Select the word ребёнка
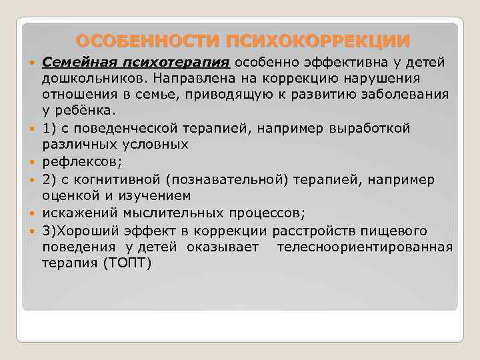86,110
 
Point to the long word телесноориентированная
365,247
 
